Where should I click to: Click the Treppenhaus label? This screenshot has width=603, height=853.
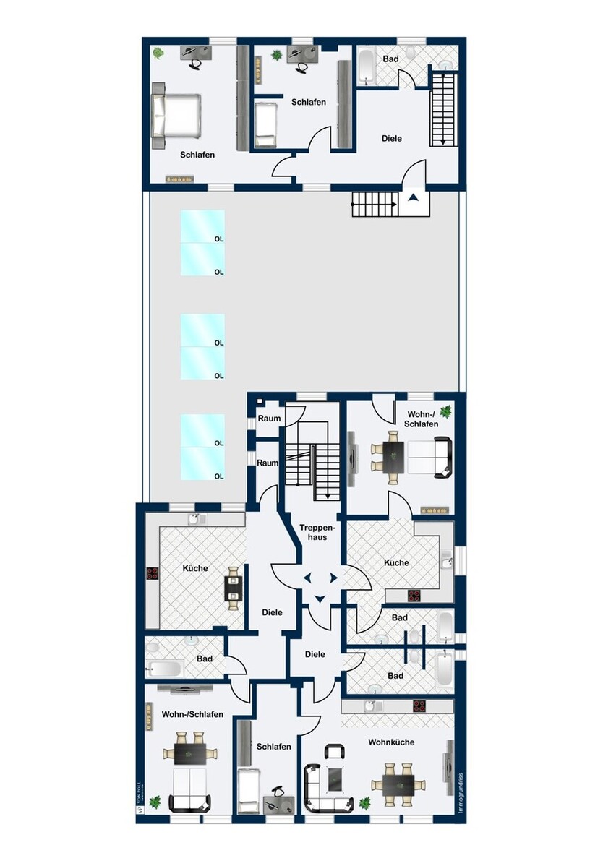[x=314, y=532]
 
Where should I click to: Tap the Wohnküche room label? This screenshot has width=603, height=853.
[x=390, y=742]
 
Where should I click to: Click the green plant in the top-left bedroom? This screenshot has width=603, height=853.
[x=158, y=53]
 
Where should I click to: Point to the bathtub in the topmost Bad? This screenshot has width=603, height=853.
[x=366, y=65]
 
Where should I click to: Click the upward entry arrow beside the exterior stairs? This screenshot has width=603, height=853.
[x=413, y=197]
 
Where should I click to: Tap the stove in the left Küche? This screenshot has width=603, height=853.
[x=153, y=573]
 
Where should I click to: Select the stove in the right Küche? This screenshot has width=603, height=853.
[x=415, y=596]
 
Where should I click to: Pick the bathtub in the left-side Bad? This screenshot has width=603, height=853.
[x=163, y=667]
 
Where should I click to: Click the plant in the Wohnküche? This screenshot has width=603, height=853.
[x=365, y=802]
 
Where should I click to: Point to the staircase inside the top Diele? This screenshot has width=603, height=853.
[x=442, y=108]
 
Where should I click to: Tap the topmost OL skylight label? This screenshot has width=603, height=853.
[x=218, y=239]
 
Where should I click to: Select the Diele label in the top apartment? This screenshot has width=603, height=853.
[x=391, y=138]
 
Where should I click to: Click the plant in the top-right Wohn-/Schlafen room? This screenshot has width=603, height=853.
[x=445, y=411]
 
